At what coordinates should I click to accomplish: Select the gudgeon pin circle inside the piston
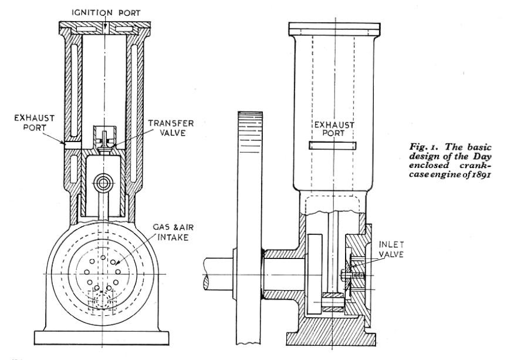coord(104,183)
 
